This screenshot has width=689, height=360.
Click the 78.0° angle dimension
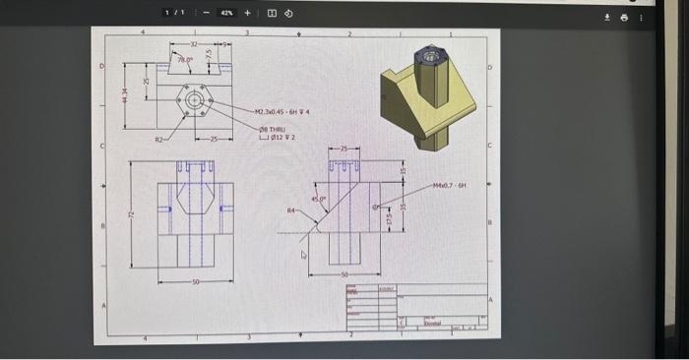(x=184, y=61)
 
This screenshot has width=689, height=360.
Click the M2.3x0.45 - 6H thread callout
(x=282, y=112)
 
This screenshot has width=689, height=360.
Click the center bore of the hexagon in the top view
(x=194, y=100)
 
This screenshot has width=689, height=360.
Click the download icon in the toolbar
(x=607, y=16)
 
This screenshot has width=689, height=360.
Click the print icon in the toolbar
(x=625, y=16)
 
